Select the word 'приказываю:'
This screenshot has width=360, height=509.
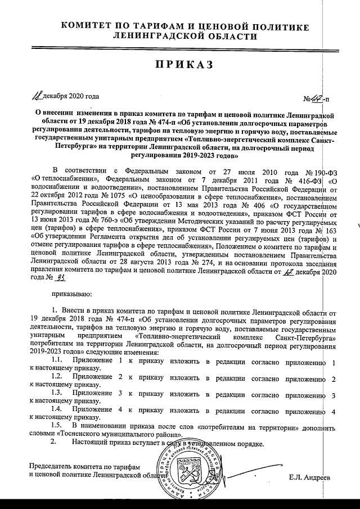pyautogui.click(x=71, y=293)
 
